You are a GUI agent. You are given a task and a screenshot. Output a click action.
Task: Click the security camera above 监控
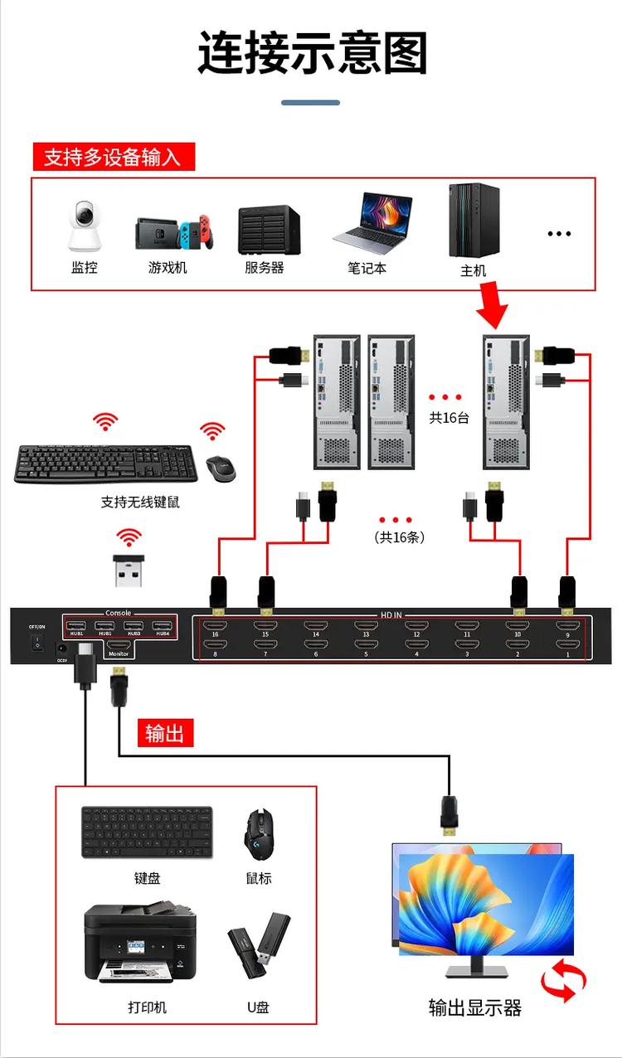(x=84, y=226)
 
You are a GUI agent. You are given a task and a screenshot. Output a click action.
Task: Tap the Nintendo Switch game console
(x=174, y=233)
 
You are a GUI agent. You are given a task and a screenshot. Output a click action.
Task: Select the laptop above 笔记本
(x=372, y=223)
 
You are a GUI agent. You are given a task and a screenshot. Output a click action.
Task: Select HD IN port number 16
(x=215, y=627)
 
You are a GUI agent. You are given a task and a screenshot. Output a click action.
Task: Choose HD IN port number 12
(x=416, y=627)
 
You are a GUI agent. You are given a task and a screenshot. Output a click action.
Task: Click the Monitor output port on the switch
(x=119, y=645)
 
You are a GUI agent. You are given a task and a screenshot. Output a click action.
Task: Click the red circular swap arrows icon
(x=563, y=980)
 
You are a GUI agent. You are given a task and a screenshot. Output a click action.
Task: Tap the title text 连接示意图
(x=312, y=54)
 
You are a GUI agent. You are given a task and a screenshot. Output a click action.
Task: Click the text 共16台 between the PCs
(x=449, y=418)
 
